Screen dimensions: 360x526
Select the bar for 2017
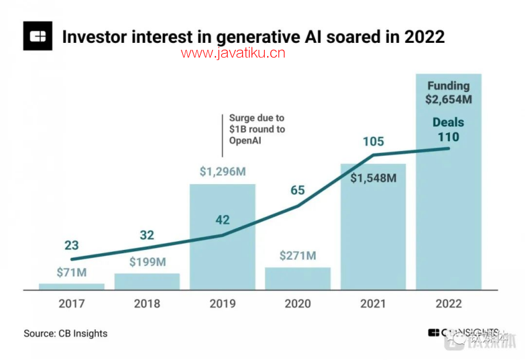[72, 286]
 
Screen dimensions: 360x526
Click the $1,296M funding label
[222, 172]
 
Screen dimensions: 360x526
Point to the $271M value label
[298, 256]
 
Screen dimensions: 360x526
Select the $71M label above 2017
[71, 273]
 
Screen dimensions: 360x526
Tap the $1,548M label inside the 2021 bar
[373, 178]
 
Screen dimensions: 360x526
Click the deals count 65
[297, 190]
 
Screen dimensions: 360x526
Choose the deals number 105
[373, 141]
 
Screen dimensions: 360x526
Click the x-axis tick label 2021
[373, 304]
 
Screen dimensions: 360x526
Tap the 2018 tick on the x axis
[147, 304]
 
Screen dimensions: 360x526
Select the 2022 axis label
[448, 304]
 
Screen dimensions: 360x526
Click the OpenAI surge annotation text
[257, 129]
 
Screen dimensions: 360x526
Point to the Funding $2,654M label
[448, 93]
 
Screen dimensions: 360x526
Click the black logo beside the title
[38, 36]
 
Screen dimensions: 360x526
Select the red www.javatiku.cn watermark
[233, 53]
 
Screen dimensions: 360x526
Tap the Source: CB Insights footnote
[66, 333]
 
